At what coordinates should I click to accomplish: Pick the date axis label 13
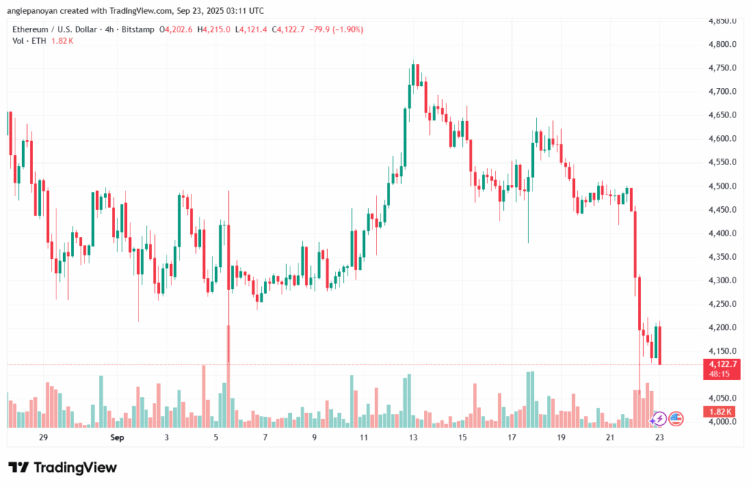click(x=413, y=437)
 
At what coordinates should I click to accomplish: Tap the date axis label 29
click(x=43, y=437)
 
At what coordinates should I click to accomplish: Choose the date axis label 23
click(x=660, y=437)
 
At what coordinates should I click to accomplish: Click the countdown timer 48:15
click(x=719, y=374)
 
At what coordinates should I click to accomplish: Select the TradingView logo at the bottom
click(x=62, y=467)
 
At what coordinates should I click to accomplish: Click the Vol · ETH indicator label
click(x=32, y=41)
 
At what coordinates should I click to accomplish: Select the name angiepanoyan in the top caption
click(x=41, y=11)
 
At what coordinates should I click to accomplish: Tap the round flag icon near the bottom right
click(x=675, y=419)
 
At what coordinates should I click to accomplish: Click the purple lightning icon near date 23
click(x=659, y=419)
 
